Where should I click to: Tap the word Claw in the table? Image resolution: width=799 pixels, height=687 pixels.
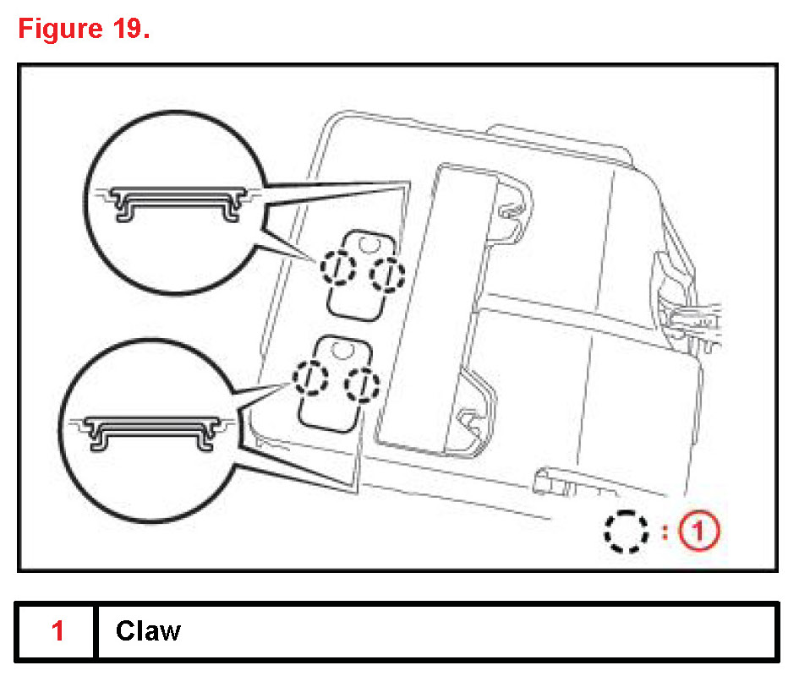pos(148,631)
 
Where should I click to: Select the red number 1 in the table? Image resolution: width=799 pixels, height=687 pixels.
pos(57,631)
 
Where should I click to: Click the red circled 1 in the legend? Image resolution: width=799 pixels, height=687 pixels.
pos(701,532)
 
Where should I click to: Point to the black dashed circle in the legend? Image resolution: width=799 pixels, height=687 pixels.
pos(626,532)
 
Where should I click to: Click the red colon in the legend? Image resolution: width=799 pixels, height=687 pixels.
pos(665,532)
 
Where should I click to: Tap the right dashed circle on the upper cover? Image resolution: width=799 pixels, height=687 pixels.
pos(388,273)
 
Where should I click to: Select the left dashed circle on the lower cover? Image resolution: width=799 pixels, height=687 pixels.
pos(311,378)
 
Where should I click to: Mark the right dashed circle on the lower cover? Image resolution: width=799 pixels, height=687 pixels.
pos(363,384)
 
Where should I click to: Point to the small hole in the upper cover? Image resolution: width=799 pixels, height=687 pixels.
pos(367,244)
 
